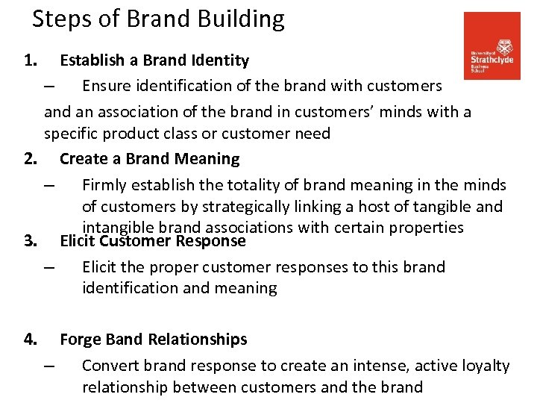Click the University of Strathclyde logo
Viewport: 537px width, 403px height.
point(492,46)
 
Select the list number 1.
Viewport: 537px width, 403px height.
point(30,60)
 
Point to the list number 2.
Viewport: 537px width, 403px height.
point(30,159)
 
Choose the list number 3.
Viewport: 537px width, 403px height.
point(30,241)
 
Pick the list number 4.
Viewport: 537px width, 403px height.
point(30,340)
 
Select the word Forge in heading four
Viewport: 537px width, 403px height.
point(81,340)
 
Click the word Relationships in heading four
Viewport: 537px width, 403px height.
point(198,340)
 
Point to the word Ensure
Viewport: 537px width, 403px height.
point(105,86)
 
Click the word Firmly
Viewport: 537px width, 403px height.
point(104,185)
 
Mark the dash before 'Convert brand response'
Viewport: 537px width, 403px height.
point(49,366)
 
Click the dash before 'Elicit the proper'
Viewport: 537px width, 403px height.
point(49,267)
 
